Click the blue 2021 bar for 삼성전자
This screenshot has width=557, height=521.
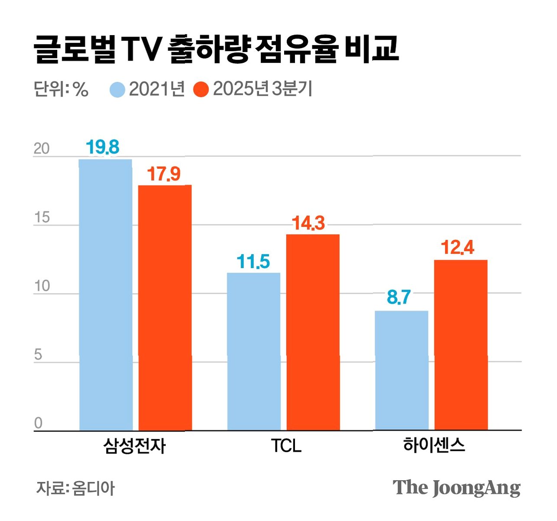point(106,294)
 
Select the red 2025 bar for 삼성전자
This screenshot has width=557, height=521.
point(165,307)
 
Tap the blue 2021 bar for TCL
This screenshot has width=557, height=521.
point(254,351)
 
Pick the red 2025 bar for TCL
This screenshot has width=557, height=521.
point(313,332)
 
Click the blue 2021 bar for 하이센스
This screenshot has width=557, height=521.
point(402,370)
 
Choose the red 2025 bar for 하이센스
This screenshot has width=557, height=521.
point(461,345)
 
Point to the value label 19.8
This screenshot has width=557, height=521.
point(103,147)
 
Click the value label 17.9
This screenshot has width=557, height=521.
point(164,174)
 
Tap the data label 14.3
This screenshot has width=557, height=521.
point(308,223)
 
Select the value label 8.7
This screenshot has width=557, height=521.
point(399,297)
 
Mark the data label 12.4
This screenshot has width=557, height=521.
point(457,247)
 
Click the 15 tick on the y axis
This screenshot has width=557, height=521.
point(42,217)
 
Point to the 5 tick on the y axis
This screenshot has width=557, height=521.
point(38,355)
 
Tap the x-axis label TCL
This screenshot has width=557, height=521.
point(286,446)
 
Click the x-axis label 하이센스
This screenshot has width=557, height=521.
point(434,445)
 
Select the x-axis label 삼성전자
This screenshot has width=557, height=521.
point(134,446)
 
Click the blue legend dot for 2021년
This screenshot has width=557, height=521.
point(117,90)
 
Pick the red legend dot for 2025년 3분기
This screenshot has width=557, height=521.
point(201,90)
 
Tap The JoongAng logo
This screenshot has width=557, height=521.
point(457,488)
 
